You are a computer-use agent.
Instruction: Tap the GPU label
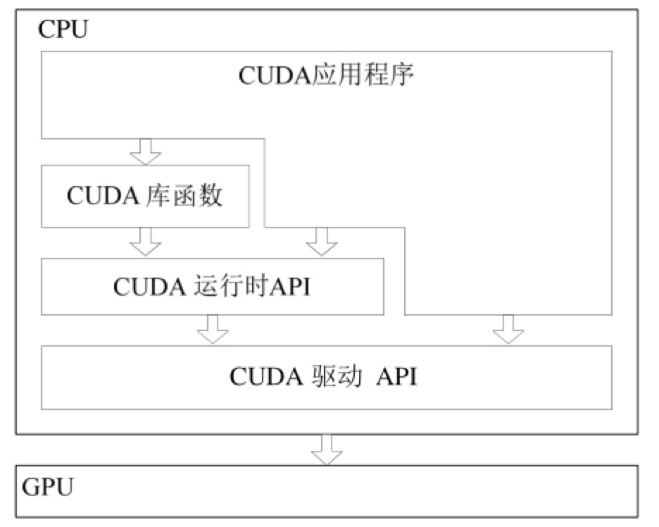[x=48, y=487]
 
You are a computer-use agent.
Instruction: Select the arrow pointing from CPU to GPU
[x=327, y=449]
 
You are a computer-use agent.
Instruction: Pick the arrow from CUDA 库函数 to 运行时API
[x=146, y=242]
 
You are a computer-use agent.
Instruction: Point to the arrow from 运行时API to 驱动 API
[x=213, y=329]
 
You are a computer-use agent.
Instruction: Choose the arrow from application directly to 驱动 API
[x=508, y=329]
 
